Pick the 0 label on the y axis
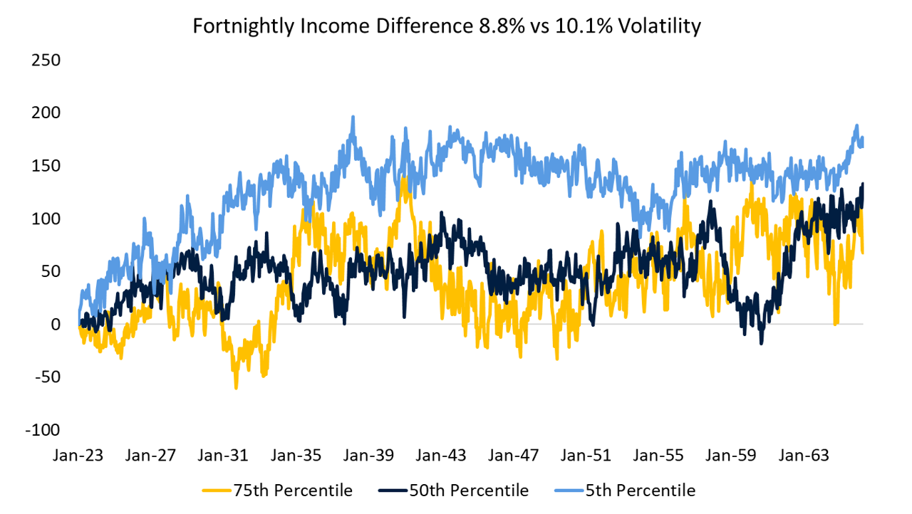tap(55, 325)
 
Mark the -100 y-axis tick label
tap(43, 430)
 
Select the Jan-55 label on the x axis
tap(660, 455)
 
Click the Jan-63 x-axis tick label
tap(806, 455)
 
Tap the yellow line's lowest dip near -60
tap(236, 387)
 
